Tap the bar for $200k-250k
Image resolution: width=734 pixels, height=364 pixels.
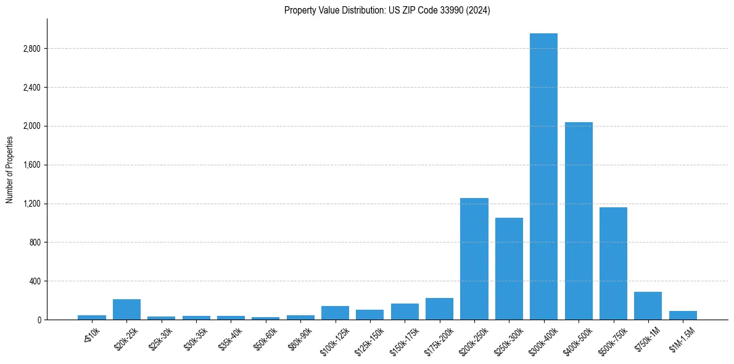point(474,259)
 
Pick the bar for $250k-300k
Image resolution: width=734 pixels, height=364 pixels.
point(509,269)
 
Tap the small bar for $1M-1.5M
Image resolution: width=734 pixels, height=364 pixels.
point(683,315)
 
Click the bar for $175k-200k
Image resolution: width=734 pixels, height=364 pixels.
point(439,309)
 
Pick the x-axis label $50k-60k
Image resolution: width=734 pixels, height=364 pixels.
point(265,337)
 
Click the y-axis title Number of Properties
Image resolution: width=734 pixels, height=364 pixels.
point(9,169)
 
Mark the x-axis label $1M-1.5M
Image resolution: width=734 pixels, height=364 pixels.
point(681,338)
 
